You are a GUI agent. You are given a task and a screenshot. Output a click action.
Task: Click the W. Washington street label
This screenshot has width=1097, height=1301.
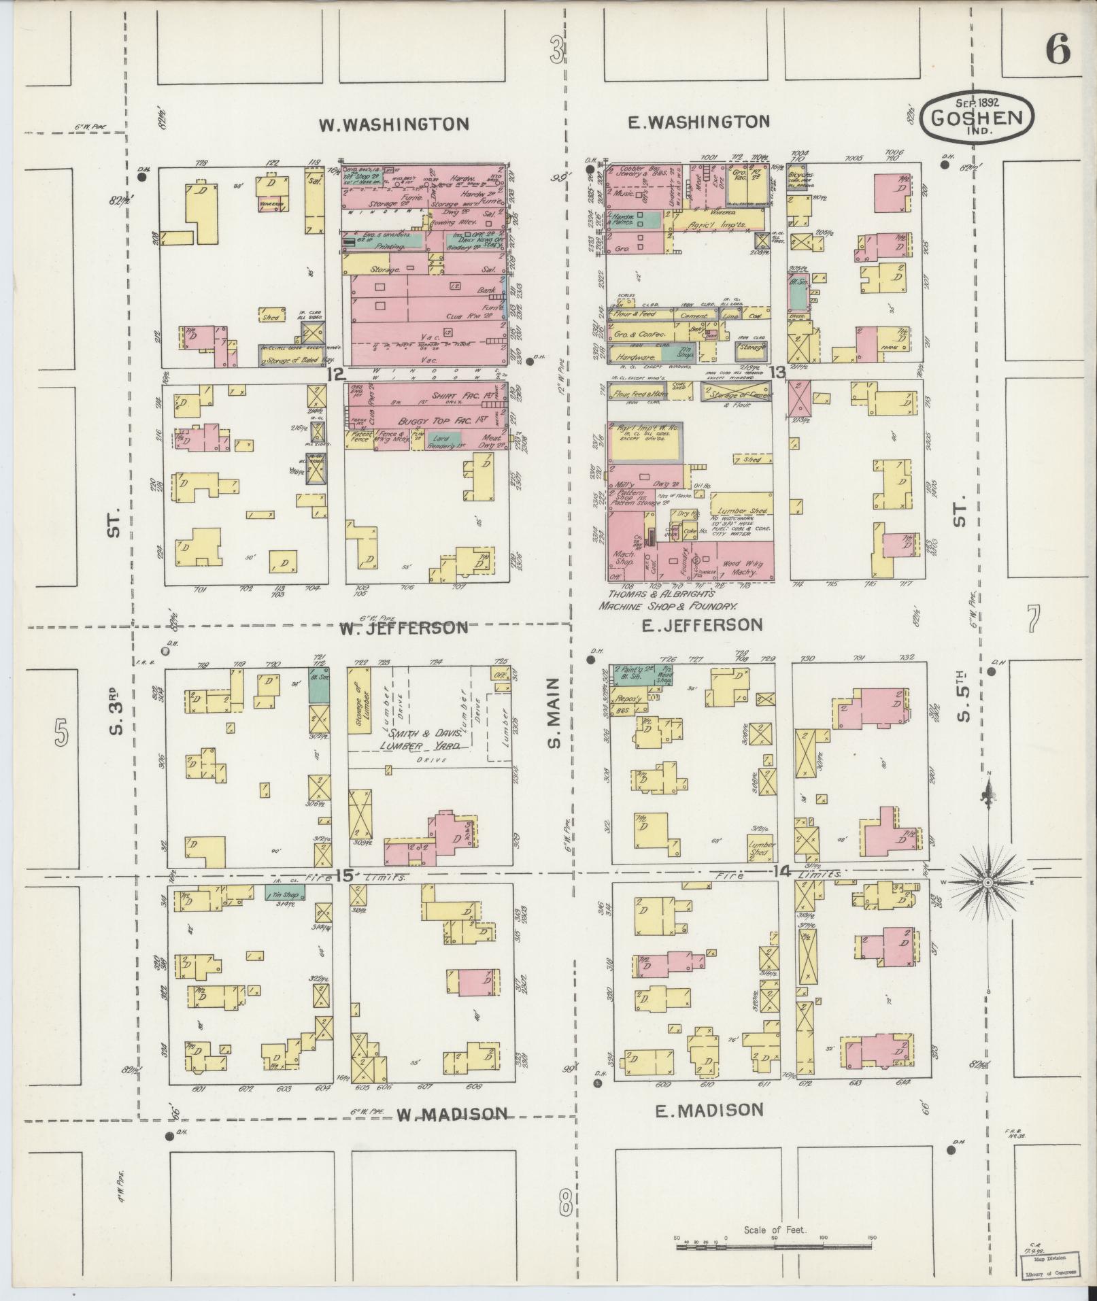[x=394, y=124]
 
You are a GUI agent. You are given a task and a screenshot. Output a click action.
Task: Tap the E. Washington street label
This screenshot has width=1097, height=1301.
[x=698, y=122]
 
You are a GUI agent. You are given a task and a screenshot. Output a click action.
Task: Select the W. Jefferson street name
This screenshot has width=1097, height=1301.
[x=404, y=627]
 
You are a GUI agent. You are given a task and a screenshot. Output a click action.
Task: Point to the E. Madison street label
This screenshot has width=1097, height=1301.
[x=709, y=1110]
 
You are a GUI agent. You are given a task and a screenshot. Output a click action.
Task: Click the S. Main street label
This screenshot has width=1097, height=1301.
[x=554, y=712]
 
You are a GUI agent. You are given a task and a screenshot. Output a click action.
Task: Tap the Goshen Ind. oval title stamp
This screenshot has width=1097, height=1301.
[x=977, y=118]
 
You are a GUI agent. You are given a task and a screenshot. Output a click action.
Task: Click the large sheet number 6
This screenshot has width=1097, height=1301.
[x=1057, y=50]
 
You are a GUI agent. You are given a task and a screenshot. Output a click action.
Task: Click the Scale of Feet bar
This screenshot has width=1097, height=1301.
[x=774, y=1247]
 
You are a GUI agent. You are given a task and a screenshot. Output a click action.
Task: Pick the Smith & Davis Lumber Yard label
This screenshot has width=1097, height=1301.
[x=424, y=740]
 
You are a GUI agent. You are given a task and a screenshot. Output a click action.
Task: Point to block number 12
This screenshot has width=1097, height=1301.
[x=336, y=373]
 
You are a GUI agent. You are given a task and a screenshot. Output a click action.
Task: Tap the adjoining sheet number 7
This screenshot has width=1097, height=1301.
[x=1033, y=619]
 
